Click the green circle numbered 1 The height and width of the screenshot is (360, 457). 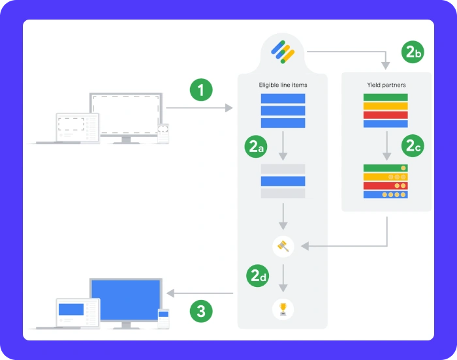tap(201, 89)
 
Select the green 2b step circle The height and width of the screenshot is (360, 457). tap(413, 52)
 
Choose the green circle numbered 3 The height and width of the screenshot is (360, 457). tap(201, 312)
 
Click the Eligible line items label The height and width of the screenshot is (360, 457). tap(283, 85)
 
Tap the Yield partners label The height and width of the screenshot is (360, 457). tap(386, 85)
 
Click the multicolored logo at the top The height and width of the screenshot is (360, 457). tap(283, 52)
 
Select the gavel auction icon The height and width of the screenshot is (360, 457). tap(283, 246)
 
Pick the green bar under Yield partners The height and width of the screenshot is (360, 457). tap(385, 98)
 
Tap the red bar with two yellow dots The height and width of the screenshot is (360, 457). tap(385, 185)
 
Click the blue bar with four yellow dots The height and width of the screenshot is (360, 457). tap(385, 194)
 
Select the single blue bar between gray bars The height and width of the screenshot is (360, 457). tap(283, 181)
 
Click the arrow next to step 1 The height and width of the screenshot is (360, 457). tap(199, 108)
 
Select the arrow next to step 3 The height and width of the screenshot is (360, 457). tap(199, 293)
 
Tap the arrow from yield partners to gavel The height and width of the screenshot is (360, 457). tap(346, 246)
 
